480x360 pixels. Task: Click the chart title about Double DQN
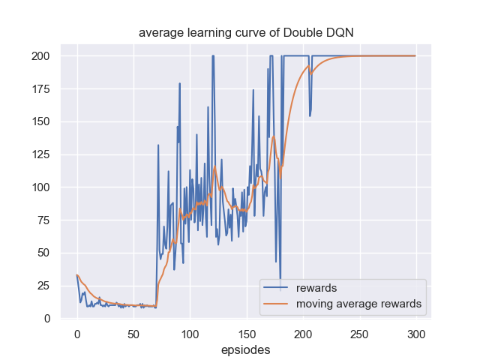click(246, 33)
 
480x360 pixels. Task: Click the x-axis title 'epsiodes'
click(246, 349)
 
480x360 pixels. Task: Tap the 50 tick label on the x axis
click(133, 334)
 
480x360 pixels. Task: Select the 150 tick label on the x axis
click(247, 334)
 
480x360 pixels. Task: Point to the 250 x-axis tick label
click(360, 334)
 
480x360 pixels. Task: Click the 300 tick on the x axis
click(416, 334)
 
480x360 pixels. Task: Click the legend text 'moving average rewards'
click(358, 304)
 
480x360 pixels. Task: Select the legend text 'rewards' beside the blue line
click(316, 288)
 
